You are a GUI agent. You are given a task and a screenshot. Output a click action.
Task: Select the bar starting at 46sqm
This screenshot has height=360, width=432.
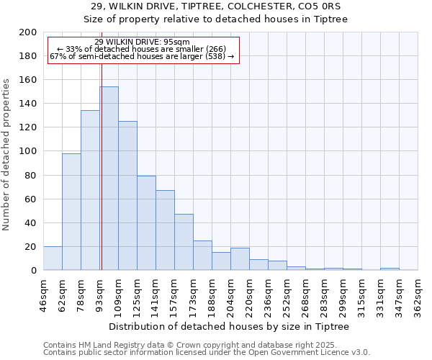[x=53, y=258]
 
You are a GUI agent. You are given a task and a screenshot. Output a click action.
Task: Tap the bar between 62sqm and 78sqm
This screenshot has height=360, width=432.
[x=71, y=212]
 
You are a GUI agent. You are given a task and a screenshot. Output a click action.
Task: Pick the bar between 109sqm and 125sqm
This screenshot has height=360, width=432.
[x=127, y=196]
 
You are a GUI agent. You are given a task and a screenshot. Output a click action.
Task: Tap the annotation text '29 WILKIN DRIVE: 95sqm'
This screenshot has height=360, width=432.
[x=142, y=42]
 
